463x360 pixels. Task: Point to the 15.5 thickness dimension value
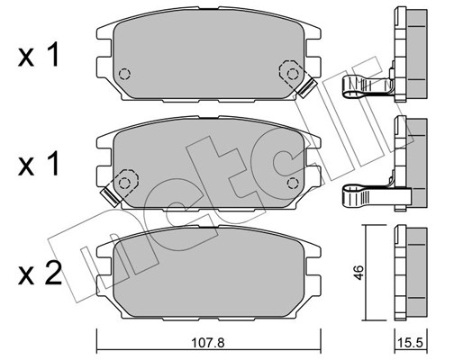tap(410, 342)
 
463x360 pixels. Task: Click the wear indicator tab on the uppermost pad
tap(305, 87)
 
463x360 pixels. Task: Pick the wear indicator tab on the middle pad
tap(113, 190)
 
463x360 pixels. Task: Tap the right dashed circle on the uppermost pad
tap(290, 68)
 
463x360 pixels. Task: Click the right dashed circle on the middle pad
tap(290, 182)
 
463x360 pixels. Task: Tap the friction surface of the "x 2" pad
tap(207, 270)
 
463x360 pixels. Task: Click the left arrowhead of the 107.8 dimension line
tap(100, 331)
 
